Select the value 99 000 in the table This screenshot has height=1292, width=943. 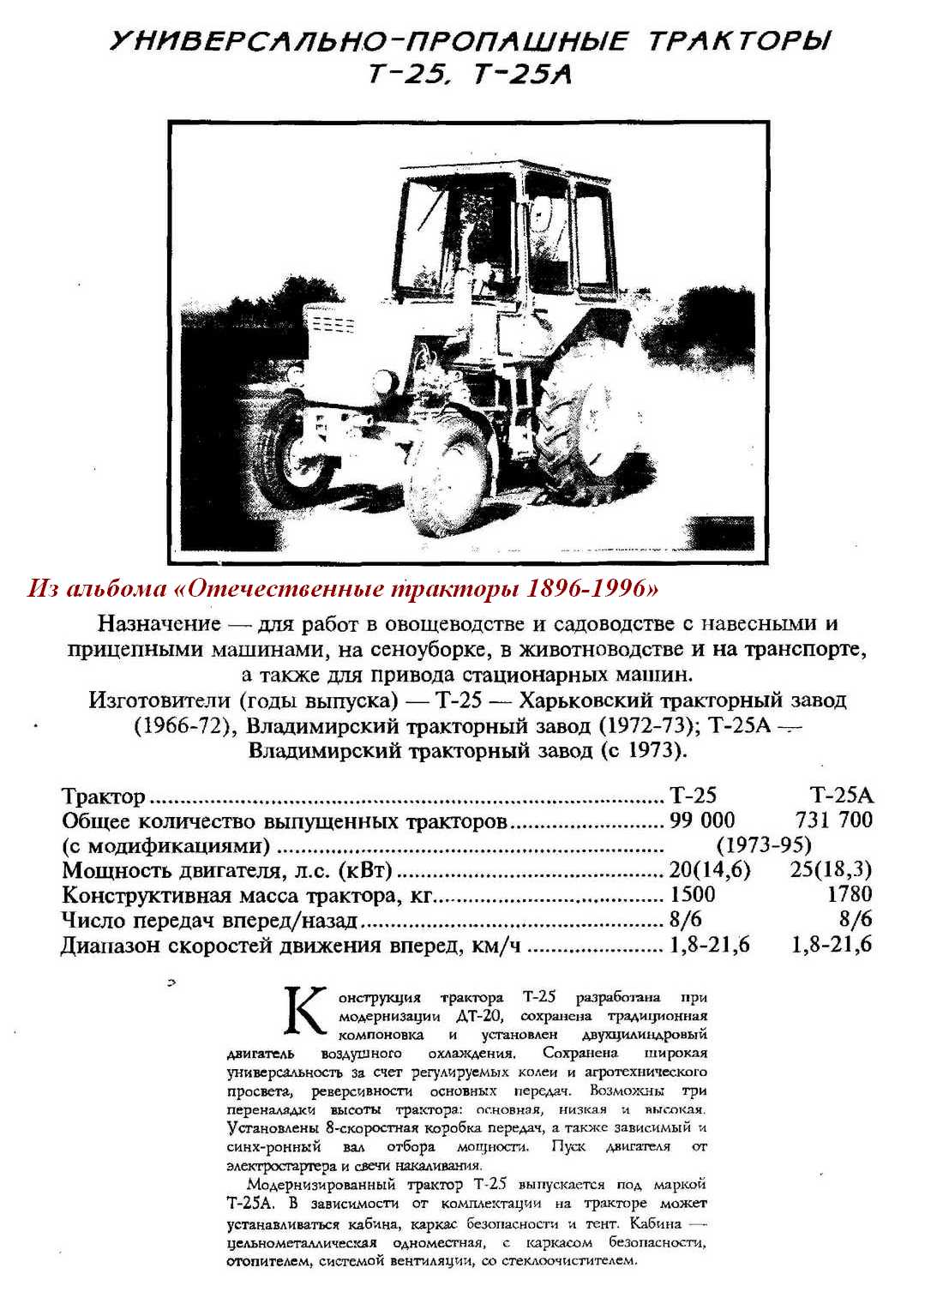[702, 820]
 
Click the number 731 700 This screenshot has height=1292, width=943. [833, 820]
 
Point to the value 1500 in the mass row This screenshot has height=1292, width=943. [691, 895]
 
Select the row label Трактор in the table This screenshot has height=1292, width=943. [104, 796]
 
